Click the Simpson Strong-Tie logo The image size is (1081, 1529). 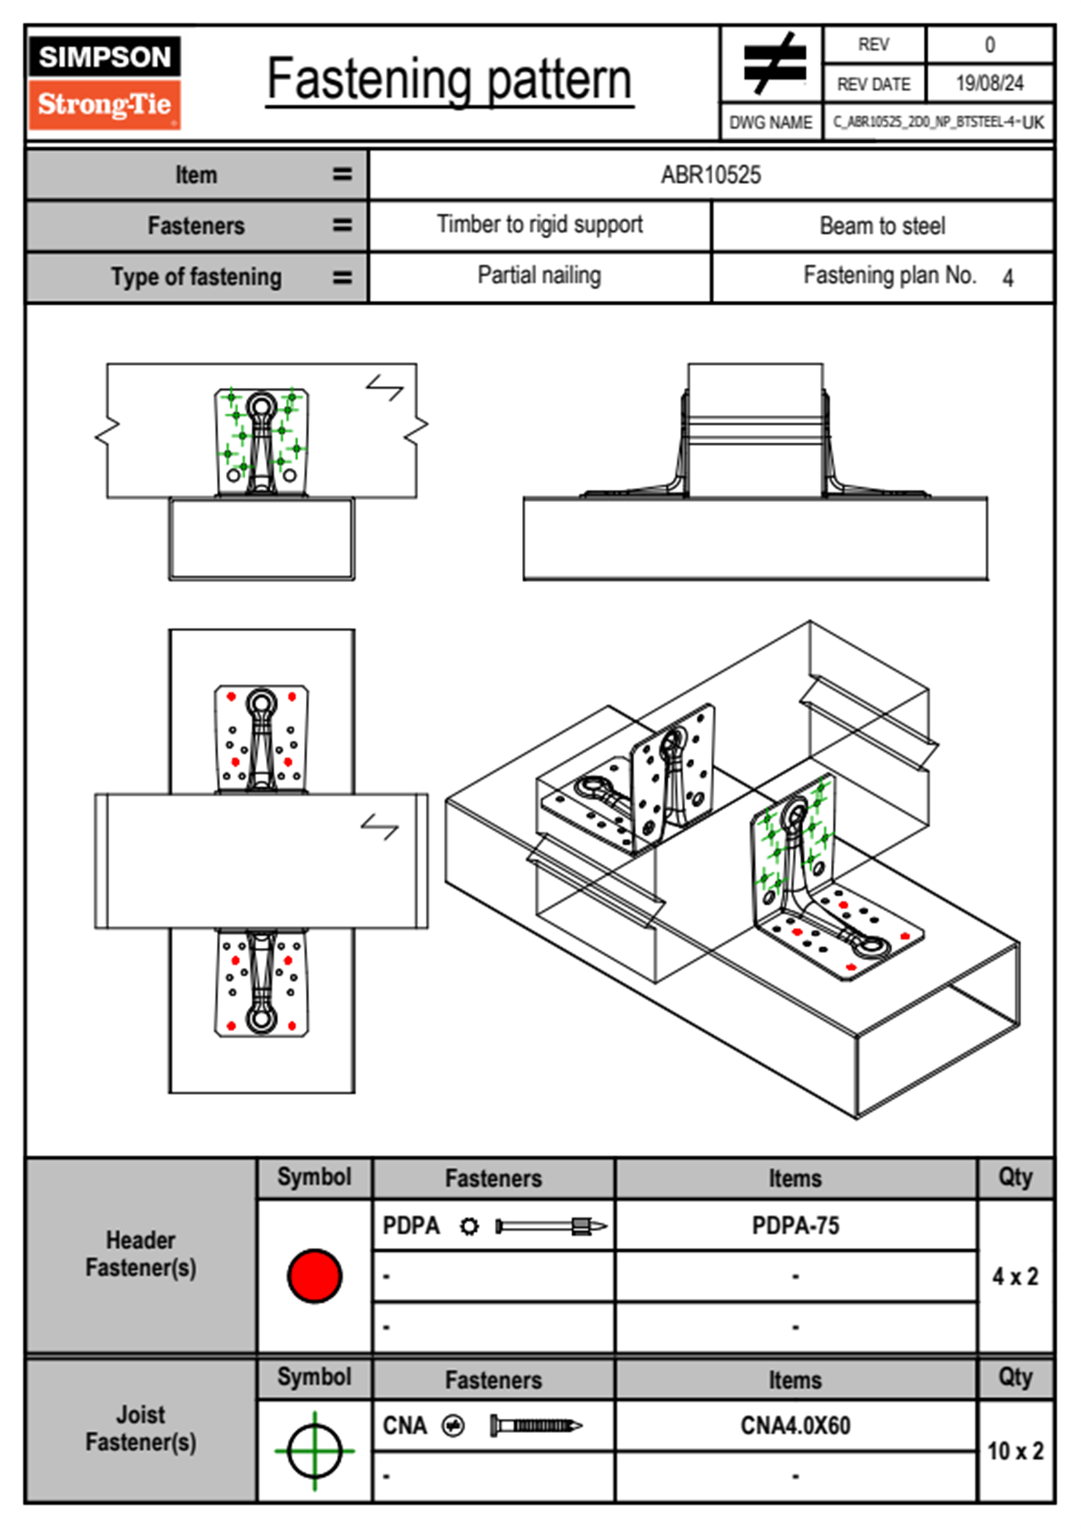click(x=104, y=83)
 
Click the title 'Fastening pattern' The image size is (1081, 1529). click(x=449, y=80)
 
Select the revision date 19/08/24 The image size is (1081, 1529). click(x=988, y=84)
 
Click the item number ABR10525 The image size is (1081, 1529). click(x=710, y=175)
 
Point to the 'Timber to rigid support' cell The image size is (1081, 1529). click(x=540, y=225)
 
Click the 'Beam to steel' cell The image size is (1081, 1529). click(x=882, y=225)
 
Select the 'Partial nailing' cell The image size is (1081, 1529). click(x=539, y=275)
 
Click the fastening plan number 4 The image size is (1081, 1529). click(x=1007, y=278)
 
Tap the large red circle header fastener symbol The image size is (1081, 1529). click(x=314, y=1275)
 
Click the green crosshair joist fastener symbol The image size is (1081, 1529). click(x=314, y=1451)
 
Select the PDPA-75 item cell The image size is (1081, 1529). click(x=795, y=1225)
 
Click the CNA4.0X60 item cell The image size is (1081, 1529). click(x=795, y=1425)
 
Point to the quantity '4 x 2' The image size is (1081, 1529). click(x=1015, y=1276)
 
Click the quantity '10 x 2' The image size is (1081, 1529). click(x=1015, y=1451)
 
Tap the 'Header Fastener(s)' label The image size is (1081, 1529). click(x=141, y=1254)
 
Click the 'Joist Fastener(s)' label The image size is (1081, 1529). click(x=141, y=1428)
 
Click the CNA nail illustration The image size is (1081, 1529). click(x=535, y=1425)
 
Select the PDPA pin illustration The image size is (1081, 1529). click(x=550, y=1226)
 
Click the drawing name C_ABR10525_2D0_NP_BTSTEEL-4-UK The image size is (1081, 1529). click(x=938, y=122)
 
